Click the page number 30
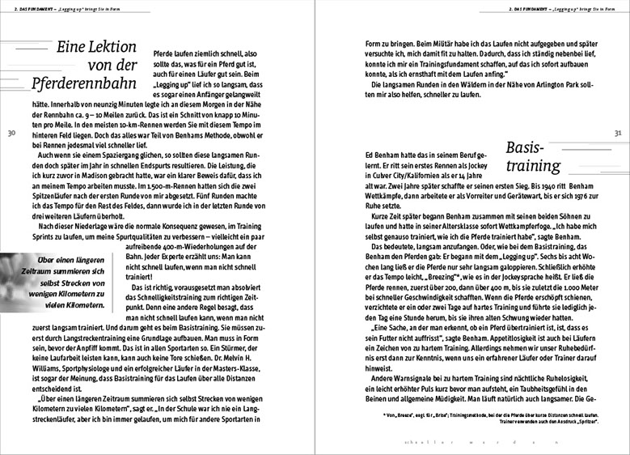click(11, 133)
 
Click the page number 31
click(618, 133)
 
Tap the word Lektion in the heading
click(99, 47)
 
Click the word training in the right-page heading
click(526, 165)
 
